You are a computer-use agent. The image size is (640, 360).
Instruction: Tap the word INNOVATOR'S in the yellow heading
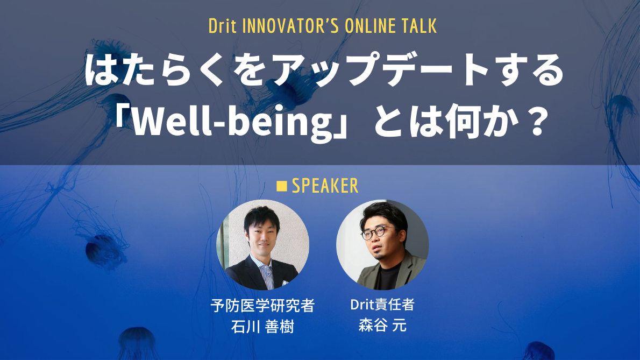click(283, 26)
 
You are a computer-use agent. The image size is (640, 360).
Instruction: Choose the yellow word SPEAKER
click(325, 186)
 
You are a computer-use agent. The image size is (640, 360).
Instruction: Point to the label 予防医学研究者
click(262, 306)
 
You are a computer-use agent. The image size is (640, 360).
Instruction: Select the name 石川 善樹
click(262, 327)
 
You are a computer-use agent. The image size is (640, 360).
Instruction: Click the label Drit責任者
click(382, 305)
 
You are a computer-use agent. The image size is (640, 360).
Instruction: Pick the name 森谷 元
click(382, 326)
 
